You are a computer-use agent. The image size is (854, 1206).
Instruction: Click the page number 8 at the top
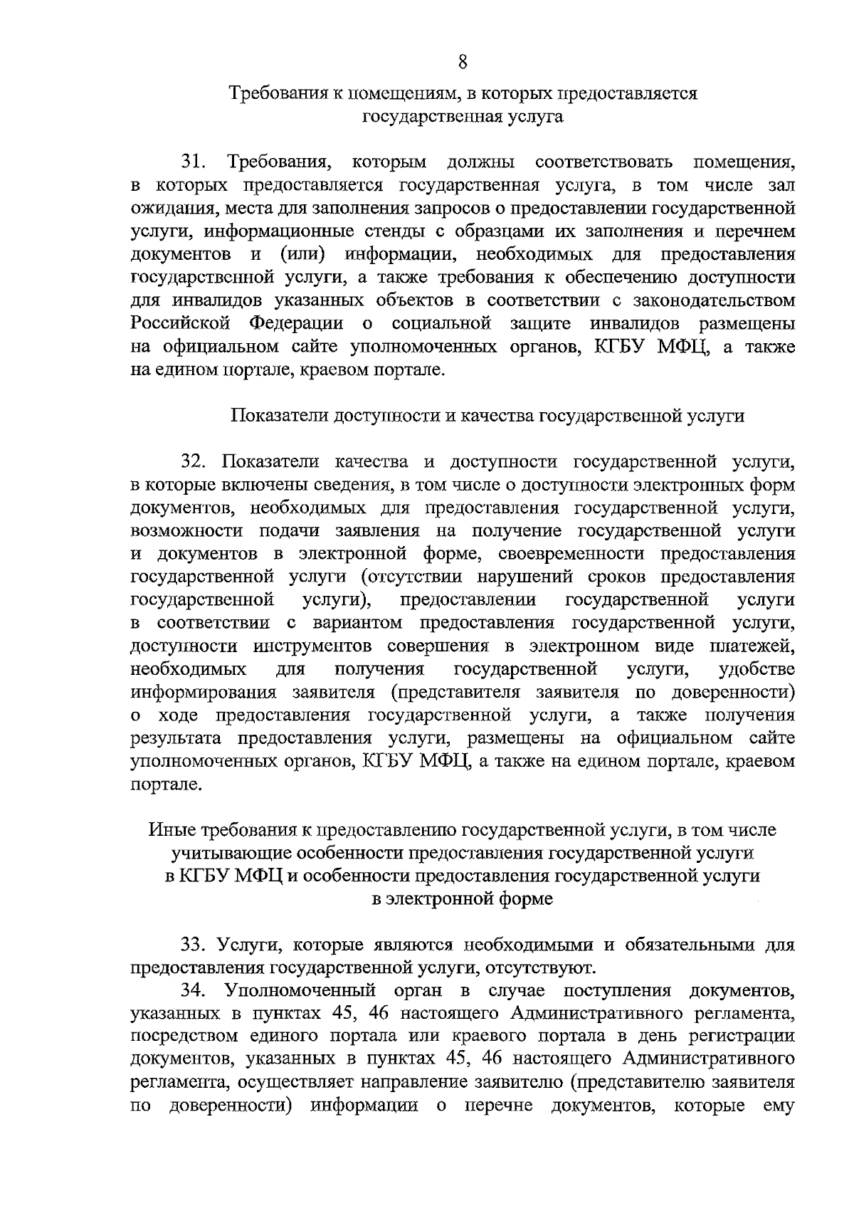click(462, 62)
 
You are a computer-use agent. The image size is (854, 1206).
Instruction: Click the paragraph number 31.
click(194, 162)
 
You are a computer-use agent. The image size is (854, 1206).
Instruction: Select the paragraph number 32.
click(194, 462)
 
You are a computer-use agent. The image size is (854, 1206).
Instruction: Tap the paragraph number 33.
click(194, 945)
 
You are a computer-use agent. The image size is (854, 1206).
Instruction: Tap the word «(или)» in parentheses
click(302, 254)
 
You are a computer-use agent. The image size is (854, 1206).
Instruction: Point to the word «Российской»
click(181, 323)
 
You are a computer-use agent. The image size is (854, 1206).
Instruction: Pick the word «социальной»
click(442, 323)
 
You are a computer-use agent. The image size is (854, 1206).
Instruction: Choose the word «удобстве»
click(757, 669)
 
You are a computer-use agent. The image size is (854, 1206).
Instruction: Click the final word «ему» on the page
click(779, 1128)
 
